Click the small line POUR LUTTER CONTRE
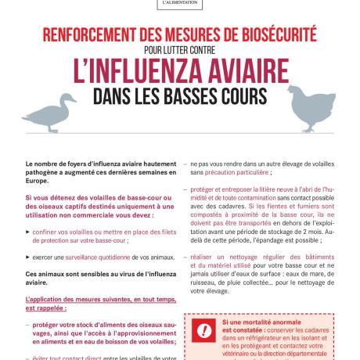point(179,51)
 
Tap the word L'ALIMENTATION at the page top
point(179,3)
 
